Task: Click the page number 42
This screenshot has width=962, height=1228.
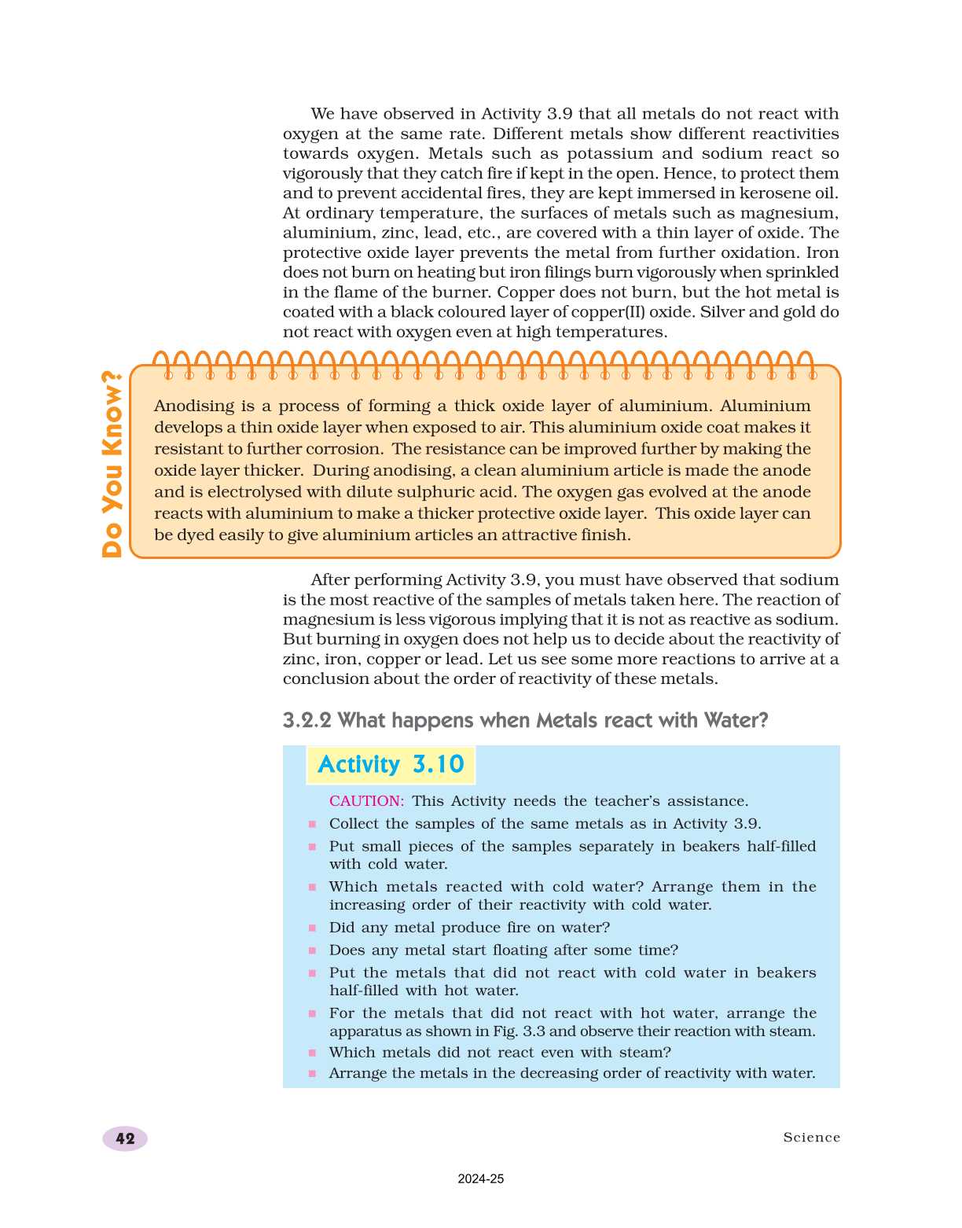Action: (x=125, y=1138)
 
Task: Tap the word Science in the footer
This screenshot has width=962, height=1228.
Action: (x=811, y=1138)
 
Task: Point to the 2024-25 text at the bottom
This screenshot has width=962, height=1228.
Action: (x=481, y=1178)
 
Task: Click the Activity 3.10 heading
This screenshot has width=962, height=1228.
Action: (x=391, y=765)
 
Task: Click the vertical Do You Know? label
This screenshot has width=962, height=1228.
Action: (x=112, y=464)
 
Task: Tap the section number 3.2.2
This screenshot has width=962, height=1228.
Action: (x=307, y=720)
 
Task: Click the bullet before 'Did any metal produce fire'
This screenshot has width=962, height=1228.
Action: (x=312, y=928)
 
